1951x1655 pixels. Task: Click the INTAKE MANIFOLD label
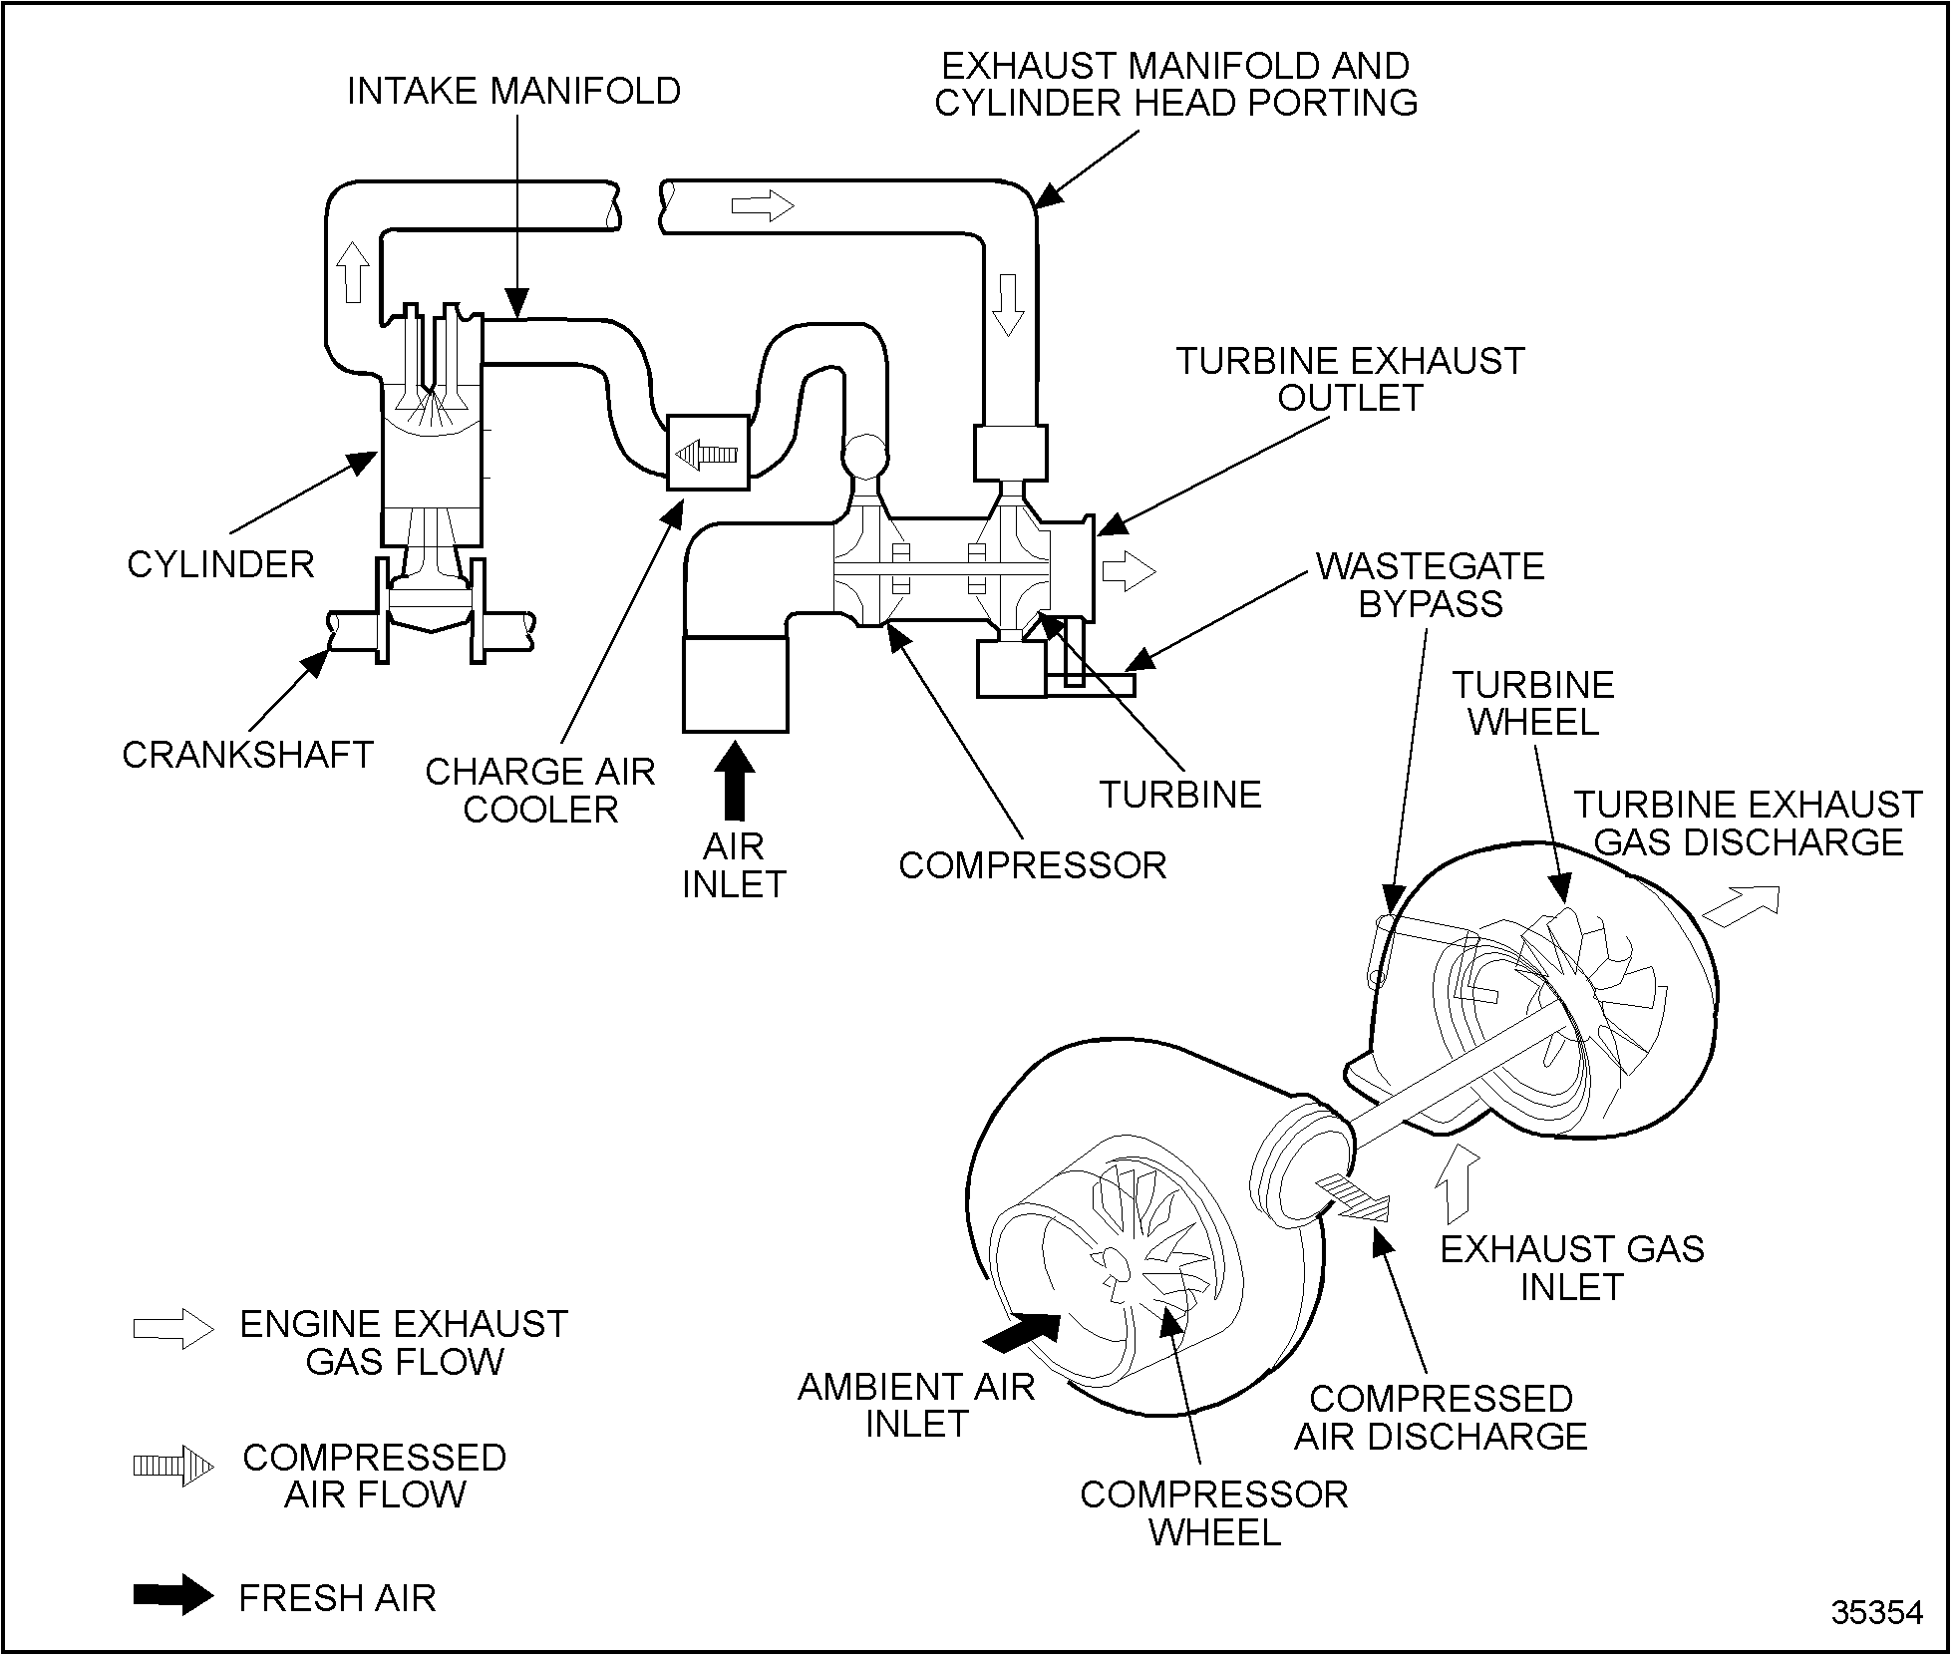(513, 91)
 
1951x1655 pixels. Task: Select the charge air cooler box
(707, 453)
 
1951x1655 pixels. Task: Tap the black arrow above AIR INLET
(735, 781)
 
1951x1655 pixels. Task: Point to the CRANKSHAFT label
(247, 755)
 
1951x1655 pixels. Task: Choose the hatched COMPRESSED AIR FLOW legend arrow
(173, 1465)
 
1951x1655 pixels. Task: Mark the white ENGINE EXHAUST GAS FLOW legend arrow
(173, 1329)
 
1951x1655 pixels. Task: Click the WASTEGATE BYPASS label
(1430, 584)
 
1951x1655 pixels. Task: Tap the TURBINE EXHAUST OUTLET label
(1350, 379)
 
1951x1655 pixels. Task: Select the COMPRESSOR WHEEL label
(1213, 1512)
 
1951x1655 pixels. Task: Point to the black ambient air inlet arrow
(1022, 1331)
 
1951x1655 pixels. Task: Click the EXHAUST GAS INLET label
(1572, 1267)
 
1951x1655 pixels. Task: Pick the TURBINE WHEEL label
(1533, 703)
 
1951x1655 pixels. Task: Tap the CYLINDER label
(220, 564)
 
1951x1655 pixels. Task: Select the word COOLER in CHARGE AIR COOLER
(540, 810)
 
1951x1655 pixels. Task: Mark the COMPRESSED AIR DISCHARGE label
(1440, 1417)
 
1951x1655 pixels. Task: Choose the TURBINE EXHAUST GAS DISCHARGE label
(1748, 823)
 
